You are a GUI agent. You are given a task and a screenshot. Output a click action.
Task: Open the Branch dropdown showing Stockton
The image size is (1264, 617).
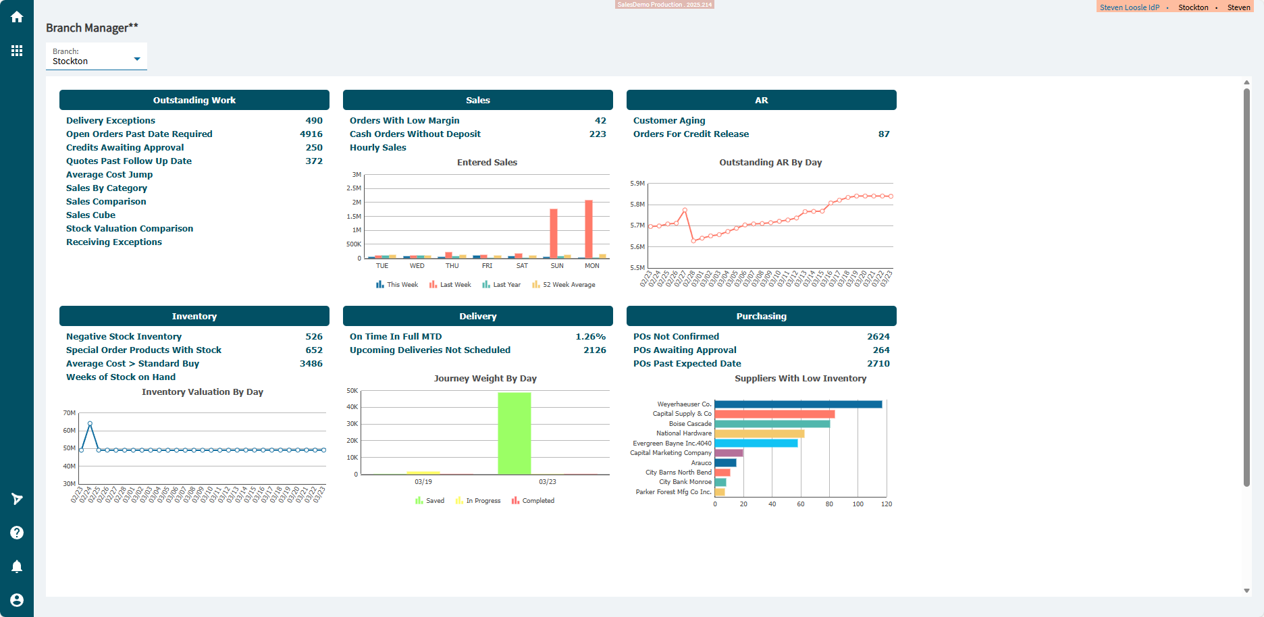(97, 57)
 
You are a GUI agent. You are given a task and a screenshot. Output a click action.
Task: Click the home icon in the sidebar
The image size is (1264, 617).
(17, 17)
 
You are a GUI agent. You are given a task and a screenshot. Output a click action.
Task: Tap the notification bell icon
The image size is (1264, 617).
(17, 566)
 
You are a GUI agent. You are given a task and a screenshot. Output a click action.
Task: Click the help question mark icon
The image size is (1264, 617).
(17, 533)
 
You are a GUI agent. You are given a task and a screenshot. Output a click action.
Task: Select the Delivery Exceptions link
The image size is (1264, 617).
(111, 121)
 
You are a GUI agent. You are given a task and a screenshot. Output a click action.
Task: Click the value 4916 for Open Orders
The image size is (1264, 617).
(311, 134)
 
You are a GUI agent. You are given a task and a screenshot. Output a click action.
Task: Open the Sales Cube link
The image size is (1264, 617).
(90, 215)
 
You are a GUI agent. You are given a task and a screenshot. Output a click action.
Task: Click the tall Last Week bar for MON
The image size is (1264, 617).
(589, 229)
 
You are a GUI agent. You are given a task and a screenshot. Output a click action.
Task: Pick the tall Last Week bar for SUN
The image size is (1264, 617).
(554, 234)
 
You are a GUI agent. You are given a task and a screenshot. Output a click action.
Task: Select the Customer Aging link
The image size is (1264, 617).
(669, 121)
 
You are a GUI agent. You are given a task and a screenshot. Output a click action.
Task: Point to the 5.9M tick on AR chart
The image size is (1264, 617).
(637, 184)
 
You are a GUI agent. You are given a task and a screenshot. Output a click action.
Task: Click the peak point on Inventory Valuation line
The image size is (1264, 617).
(90, 424)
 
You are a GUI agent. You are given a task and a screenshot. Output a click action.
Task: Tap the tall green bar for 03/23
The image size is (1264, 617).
(515, 433)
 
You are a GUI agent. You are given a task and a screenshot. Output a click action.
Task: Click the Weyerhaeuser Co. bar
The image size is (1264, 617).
(798, 404)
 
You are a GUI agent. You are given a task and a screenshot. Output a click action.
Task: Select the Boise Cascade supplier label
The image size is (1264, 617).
(690, 424)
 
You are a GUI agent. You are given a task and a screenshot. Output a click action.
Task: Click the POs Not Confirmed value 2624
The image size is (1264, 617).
(878, 337)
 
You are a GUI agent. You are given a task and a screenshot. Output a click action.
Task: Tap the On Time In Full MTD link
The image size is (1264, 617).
(396, 337)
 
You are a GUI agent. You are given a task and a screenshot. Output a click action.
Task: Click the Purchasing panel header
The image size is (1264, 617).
(762, 317)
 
